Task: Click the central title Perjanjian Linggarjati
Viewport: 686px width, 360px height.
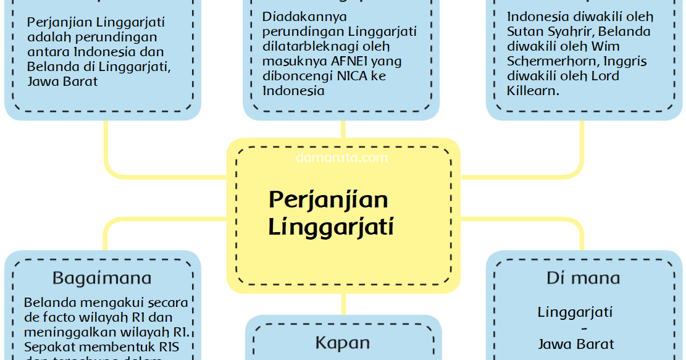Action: [330, 213]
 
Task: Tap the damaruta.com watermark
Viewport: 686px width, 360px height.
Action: [342, 157]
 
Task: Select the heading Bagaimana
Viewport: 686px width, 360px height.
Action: [102, 278]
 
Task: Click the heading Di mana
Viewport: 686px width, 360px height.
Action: [583, 278]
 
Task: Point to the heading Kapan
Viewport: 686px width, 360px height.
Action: [343, 343]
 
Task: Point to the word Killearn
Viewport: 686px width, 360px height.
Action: [532, 91]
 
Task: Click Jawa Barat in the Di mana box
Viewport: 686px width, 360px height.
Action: [575, 344]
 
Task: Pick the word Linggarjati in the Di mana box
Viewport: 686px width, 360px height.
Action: [575, 312]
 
